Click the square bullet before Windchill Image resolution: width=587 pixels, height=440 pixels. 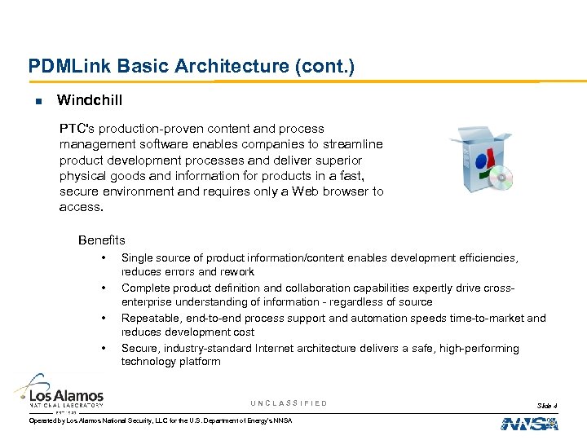coord(38,101)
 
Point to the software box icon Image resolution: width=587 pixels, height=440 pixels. coord(478,158)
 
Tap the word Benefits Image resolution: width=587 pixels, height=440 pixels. coord(102,240)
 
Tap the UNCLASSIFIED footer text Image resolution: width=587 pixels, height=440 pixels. coord(289,403)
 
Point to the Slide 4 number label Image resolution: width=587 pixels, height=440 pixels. coord(547,406)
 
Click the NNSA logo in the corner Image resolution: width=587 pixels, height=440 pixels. coord(529,424)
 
